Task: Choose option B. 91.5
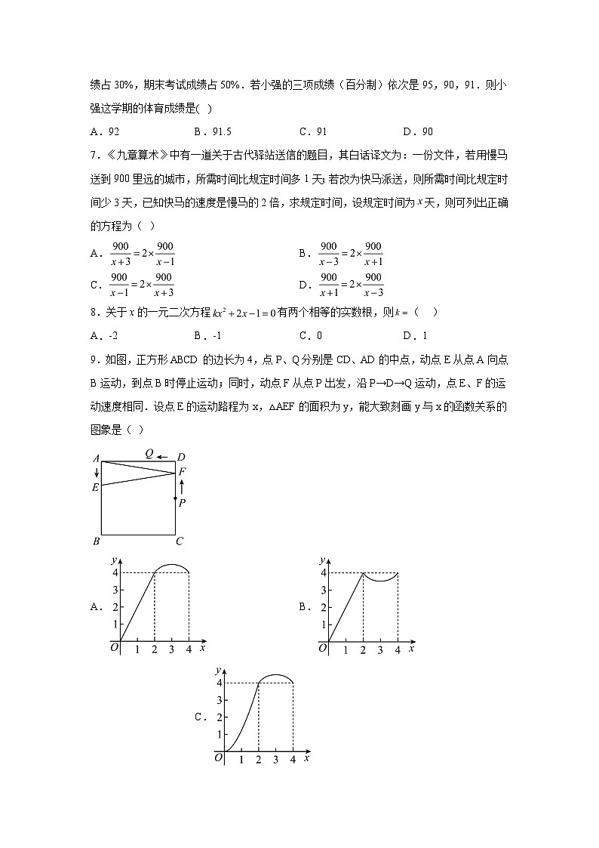(x=210, y=131)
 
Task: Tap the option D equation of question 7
(x=352, y=285)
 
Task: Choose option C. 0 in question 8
(x=312, y=335)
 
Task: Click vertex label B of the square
(x=96, y=541)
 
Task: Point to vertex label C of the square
(x=180, y=541)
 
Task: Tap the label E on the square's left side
(x=95, y=487)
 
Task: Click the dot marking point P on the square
(x=176, y=498)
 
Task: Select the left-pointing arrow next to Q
(x=162, y=455)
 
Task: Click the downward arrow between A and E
(x=97, y=472)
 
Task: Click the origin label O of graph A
(x=114, y=646)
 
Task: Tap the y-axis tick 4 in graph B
(x=324, y=572)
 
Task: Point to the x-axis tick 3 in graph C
(x=275, y=759)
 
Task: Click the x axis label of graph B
(x=411, y=648)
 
